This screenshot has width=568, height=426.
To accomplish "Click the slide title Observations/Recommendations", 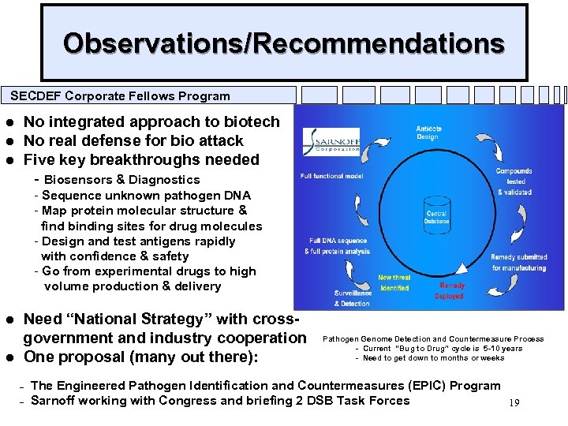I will click(x=284, y=43).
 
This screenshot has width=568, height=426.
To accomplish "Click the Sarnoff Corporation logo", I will click(x=331, y=141).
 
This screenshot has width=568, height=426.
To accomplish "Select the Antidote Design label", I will click(x=429, y=133).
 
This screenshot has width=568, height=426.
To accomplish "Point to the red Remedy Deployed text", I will click(x=452, y=290).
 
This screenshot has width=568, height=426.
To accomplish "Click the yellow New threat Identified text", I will click(x=394, y=282).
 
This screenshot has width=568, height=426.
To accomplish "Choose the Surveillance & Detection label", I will click(x=352, y=298).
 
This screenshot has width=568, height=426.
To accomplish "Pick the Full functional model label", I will click(x=331, y=177).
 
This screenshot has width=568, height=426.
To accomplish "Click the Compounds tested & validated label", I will click(x=515, y=181).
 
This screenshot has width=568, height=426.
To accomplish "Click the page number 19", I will click(x=514, y=403).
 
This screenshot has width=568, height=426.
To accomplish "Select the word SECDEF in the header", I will click(x=35, y=96).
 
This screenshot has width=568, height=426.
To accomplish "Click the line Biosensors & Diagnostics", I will click(x=122, y=180).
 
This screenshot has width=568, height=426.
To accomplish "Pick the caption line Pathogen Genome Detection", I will click(x=433, y=339).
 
